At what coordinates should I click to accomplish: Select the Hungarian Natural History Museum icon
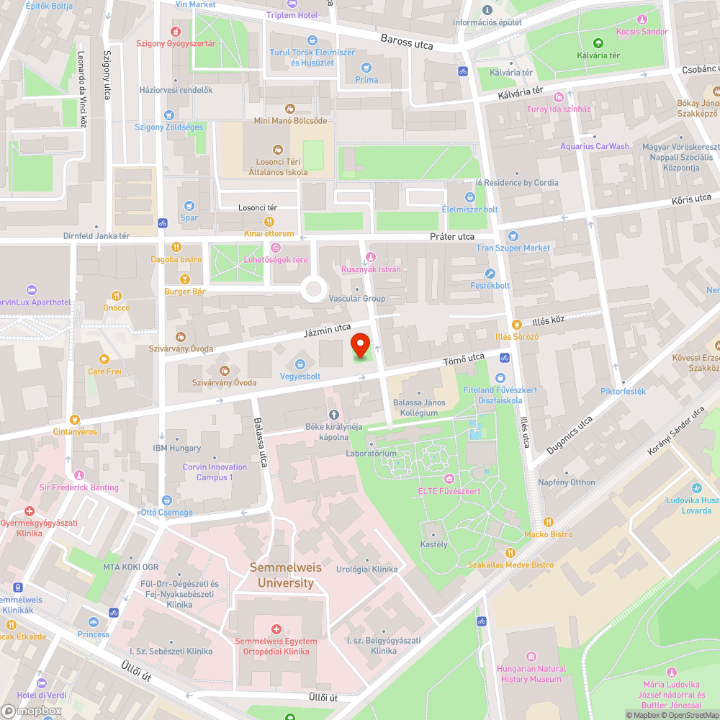pos(531,657)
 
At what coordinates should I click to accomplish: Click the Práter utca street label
pos(452,236)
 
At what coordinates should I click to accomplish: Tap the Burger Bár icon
pos(185,279)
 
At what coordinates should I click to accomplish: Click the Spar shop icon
pos(189,206)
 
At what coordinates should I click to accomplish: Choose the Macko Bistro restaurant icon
pos(548,522)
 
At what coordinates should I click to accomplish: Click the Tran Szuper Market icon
pos(513,236)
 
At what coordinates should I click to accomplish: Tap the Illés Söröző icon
pos(516,325)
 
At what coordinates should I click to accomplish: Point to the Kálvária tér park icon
pos(598,43)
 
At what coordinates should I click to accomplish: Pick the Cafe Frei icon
pos(104,359)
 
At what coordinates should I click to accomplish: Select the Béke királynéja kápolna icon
pos(333,414)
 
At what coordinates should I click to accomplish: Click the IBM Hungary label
pos(177,448)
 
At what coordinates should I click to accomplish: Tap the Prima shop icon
pos(366,68)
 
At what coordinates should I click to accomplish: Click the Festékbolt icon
pos(490,274)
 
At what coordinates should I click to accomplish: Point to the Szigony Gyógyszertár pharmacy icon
pos(176,32)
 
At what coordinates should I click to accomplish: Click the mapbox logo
pos(32,710)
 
